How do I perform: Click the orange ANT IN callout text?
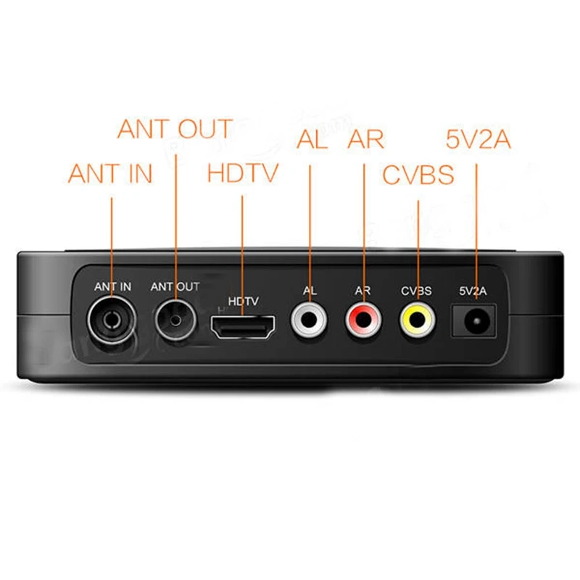[110, 173]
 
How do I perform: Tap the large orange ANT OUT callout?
[175, 129]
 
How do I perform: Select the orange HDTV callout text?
[242, 173]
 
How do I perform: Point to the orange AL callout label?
[312, 139]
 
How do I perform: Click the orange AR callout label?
[365, 139]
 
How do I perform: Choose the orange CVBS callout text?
[418, 175]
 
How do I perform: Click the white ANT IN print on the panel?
[112, 286]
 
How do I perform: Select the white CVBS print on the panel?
[416, 291]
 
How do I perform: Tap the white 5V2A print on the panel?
[474, 291]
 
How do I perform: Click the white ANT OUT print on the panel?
[175, 286]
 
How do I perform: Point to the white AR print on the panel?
[362, 291]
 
